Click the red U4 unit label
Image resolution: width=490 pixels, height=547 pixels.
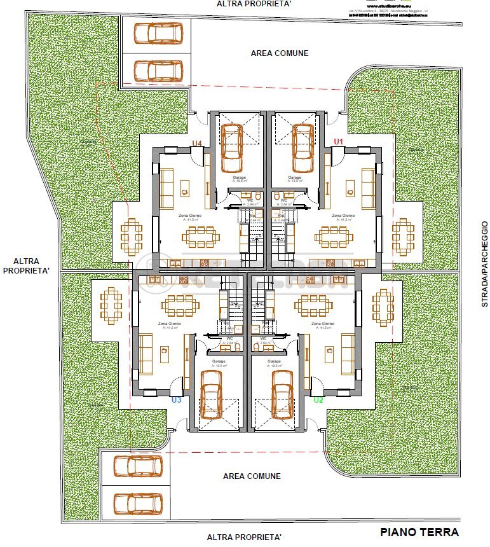click(x=197, y=143)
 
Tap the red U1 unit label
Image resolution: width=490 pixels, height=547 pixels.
click(x=338, y=141)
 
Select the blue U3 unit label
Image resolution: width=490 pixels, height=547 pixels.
click(x=177, y=400)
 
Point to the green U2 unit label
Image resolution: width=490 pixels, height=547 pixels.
click(x=318, y=400)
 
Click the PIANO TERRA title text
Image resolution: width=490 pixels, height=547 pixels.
click(x=419, y=532)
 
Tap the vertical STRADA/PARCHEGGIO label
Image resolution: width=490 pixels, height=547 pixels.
click(x=484, y=264)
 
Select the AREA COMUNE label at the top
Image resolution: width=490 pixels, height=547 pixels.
click(x=280, y=53)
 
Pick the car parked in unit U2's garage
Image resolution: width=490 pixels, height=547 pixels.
click(x=282, y=394)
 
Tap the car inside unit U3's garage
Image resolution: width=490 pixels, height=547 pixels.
click(x=210, y=394)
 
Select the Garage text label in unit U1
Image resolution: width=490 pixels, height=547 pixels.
click(x=295, y=177)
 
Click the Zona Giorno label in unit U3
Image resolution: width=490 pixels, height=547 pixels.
click(x=170, y=324)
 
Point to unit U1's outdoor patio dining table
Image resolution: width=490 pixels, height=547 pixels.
click(x=402, y=237)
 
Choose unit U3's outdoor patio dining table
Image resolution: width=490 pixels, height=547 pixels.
click(x=111, y=305)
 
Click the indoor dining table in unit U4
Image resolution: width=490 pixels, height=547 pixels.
click(x=201, y=237)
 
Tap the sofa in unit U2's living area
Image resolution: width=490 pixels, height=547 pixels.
click(x=348, y=354)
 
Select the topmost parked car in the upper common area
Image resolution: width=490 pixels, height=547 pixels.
click(x=157, y=32)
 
